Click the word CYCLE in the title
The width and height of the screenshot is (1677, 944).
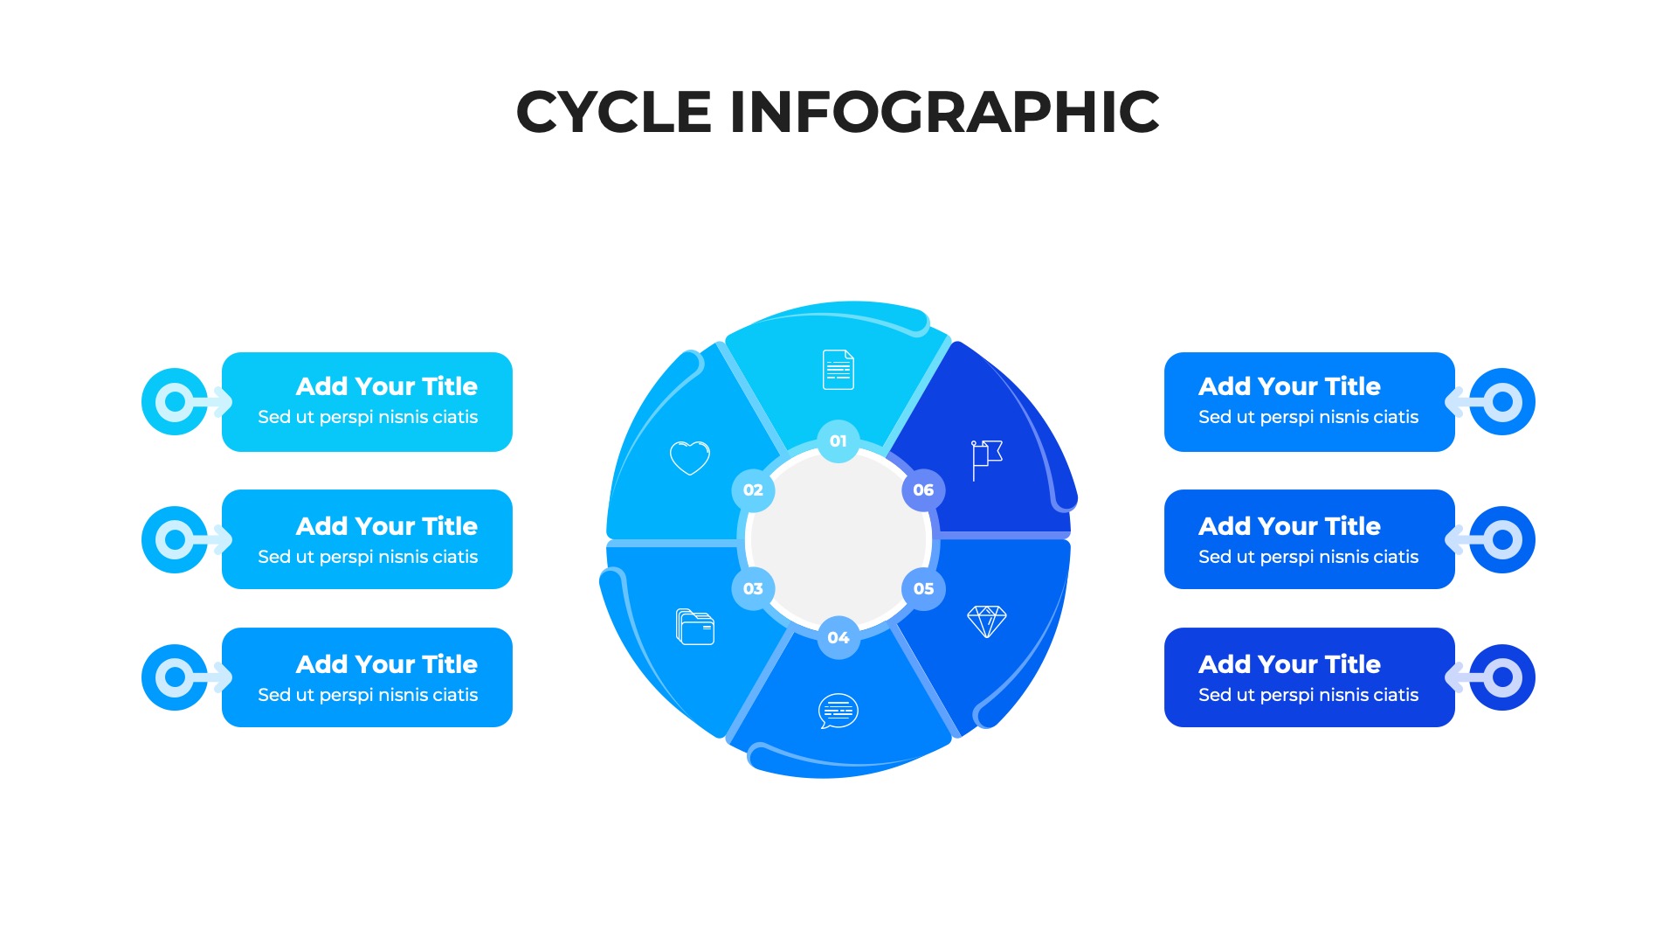point(613,112)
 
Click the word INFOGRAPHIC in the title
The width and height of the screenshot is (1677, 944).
point(944,112)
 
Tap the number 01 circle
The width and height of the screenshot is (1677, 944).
point(838,441)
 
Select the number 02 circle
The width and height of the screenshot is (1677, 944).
point(753,490)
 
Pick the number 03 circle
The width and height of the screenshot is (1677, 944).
point(753,589)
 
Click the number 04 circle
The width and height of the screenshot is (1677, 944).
point(838,638)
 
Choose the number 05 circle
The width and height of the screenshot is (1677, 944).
point(923,589)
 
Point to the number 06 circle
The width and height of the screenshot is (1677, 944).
point(923,490)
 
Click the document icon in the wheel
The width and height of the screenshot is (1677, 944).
point(838,370)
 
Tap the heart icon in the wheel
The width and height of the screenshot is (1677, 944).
point(690,457)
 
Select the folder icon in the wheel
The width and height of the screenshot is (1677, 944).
point(695,627)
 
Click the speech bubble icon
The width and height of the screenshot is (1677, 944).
point(838,711)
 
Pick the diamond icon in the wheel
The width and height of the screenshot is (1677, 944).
point(987,621)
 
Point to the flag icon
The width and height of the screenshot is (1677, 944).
point(986,459)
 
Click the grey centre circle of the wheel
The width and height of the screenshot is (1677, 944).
point(838,539)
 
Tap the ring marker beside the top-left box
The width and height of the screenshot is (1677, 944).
point(176,402)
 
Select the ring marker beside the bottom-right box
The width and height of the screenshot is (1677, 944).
point(1502,677)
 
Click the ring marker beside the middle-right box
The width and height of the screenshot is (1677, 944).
point(1502,539)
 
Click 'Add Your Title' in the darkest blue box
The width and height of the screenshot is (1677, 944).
point(1289,664)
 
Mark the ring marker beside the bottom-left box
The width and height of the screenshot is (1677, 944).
point(176,677)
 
